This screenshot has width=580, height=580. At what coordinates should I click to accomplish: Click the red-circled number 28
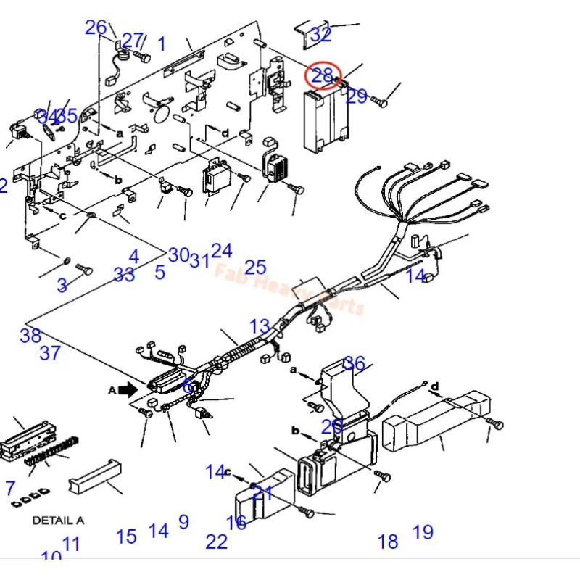coord(323,75)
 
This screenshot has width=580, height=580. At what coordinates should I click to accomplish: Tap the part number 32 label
coord(320,34)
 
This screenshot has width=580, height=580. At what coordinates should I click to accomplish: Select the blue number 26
coord(96,28)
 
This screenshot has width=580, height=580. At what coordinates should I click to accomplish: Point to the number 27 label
coord(132,41)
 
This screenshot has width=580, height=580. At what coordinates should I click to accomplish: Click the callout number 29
coord(357,96)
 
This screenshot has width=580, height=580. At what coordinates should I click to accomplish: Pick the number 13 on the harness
coord(260,326)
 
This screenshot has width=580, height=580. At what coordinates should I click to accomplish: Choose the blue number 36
coord(355,363)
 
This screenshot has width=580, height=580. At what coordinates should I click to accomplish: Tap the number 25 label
coord(255,268)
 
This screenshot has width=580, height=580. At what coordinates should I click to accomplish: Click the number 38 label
coord(30,336)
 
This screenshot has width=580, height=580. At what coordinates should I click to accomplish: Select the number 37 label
coord(49,354)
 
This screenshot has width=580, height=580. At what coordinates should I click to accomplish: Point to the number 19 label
coord(423,533)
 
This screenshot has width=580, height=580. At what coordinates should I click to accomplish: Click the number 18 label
coord(388,542)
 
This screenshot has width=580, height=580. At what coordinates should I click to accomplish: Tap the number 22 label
coord(216,542)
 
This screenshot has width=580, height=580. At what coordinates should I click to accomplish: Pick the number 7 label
coord(9,488)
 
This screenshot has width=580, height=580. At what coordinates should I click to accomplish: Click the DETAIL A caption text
coord(58,520)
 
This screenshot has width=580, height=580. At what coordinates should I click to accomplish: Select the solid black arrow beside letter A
coord(128,389)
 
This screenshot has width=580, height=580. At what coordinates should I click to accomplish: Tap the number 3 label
coord(62,286)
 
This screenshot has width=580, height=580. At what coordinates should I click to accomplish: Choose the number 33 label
coord(124,275)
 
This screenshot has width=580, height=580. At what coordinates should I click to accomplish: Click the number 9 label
coord(183,522)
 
